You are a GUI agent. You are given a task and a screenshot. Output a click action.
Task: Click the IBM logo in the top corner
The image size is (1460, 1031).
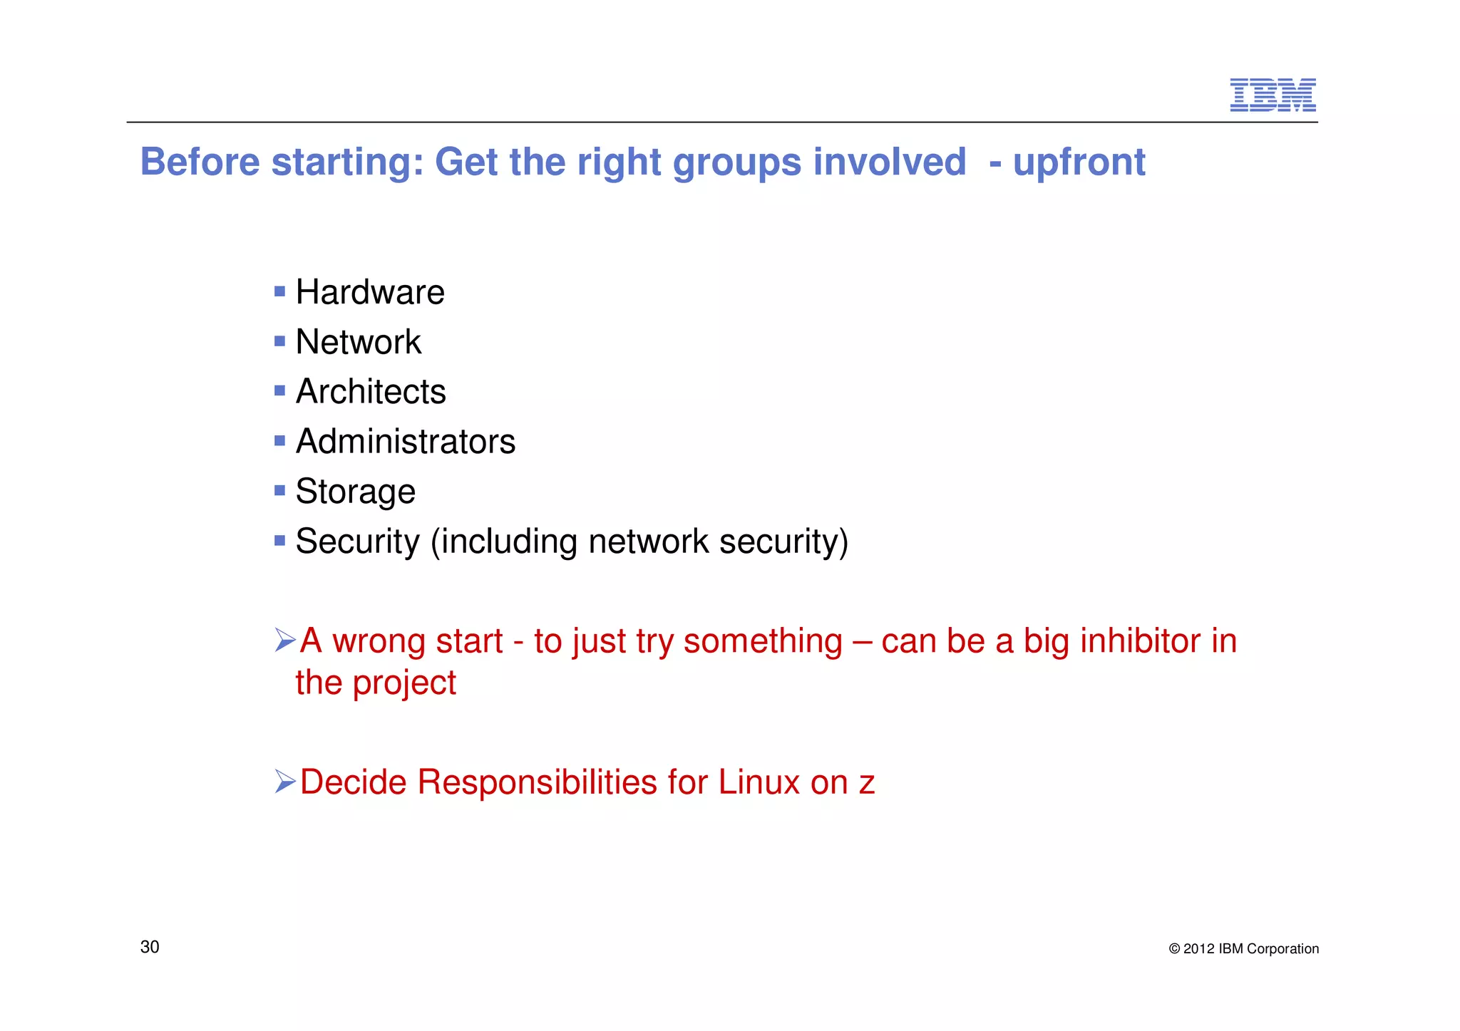(x=1273, y=95)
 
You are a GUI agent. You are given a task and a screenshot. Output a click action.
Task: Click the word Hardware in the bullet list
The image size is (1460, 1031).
(x=370, y=292)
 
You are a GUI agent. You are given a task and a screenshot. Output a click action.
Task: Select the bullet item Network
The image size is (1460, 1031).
(x=358, y=342)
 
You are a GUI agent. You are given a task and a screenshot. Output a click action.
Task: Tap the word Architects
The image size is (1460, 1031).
(x=371, y=392)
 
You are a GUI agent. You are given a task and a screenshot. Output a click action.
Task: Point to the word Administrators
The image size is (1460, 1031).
(x=405, y=442)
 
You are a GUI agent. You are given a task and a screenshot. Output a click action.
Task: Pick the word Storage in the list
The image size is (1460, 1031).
(x=355, y=492)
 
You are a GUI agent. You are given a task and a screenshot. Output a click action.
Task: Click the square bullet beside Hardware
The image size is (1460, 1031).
(x=279, y=291)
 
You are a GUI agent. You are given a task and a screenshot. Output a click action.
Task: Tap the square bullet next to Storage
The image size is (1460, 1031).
(x=279, y=490)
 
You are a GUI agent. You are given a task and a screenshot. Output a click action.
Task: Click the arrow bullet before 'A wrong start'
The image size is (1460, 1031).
(x=284, y=640)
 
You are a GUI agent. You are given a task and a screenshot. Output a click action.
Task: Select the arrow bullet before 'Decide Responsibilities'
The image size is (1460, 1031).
(x=284, y=782)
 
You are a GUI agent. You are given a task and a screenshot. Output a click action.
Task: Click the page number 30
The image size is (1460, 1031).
(x=150, y=947)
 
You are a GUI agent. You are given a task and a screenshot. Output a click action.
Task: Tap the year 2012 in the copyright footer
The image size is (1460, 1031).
(x=1198, y=949)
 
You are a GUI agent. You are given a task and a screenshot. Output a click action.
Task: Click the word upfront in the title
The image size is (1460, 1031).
(x=1079, y=162)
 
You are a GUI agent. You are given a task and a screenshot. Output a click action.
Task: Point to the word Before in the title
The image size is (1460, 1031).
(x=200, y=162)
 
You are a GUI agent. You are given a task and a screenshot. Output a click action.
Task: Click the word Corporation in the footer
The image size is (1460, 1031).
(x=1282, y=949)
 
